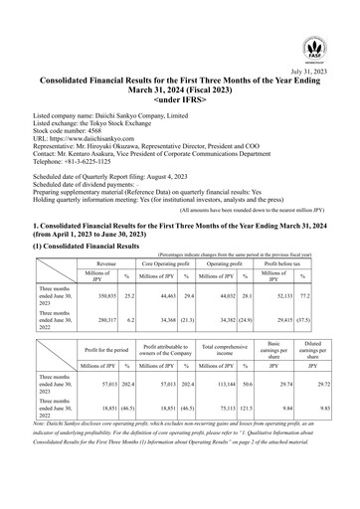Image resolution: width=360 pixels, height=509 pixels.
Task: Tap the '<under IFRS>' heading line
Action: (179, 101)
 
